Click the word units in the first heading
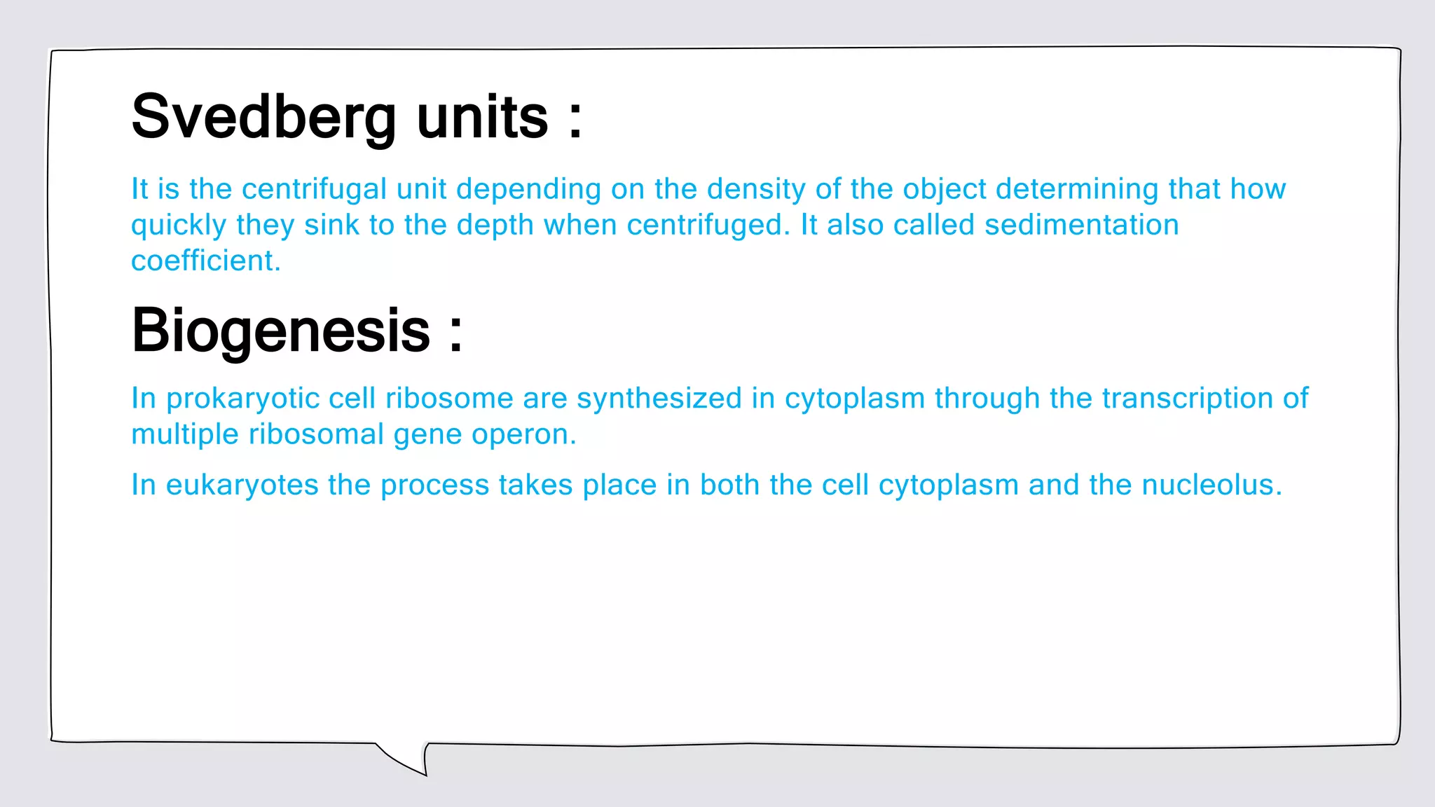click(x=482, y=118)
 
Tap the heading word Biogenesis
click(x=281, y=331)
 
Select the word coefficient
click(x=205, y=261)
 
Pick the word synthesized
click(x=659, y=399)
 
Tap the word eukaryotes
click(x=242, y=485)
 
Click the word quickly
click(x=179, y=226)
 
